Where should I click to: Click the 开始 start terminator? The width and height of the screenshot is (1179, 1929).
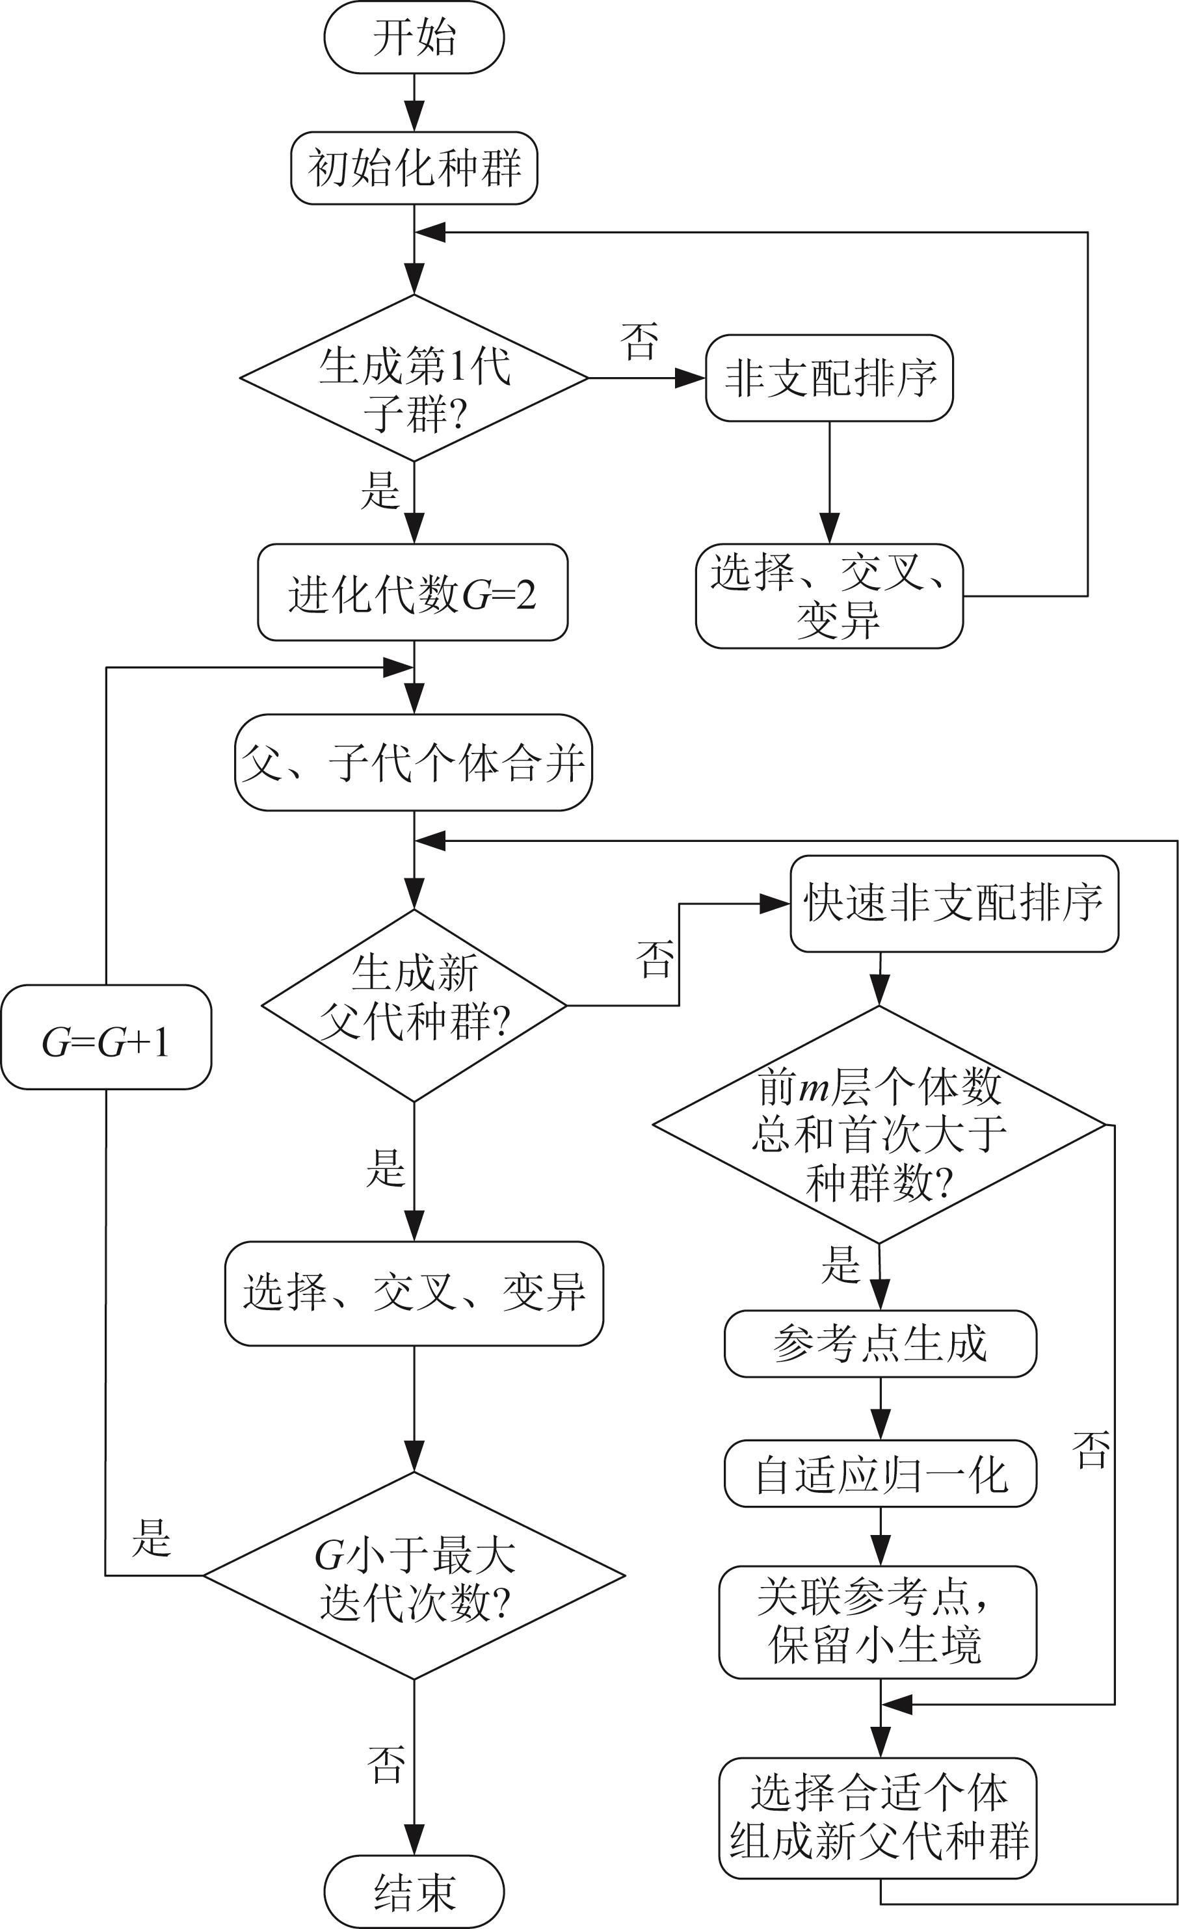click(414, 38)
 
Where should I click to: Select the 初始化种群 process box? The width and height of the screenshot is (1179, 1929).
click(414, 168)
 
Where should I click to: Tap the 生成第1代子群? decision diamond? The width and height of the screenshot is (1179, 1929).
click(414, 378)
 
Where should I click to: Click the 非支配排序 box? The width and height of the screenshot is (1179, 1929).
click(829, 378)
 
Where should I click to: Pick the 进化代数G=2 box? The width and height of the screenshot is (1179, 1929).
click(412, 593)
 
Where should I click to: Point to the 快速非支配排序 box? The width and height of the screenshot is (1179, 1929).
click(953, 904)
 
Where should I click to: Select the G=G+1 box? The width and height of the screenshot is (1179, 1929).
click(106, 1036)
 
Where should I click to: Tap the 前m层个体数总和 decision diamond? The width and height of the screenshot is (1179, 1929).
click(879, 1125)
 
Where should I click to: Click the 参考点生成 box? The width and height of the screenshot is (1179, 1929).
click(880, 1343)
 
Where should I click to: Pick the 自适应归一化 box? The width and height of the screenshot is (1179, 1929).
click(880, 1473)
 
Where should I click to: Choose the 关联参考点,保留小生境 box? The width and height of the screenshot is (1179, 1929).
click(878, 1622)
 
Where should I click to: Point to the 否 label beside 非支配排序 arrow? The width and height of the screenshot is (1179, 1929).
click(639, 341)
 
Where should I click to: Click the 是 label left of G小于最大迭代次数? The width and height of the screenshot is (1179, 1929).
click(151, 1537)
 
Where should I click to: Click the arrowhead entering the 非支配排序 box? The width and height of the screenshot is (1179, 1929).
click(691, 378)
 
